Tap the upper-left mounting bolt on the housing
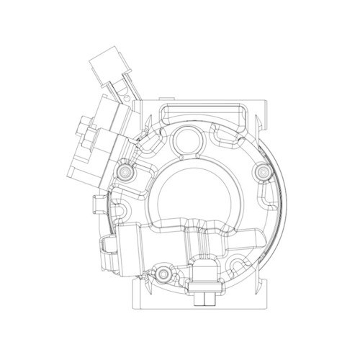pyautogui.click(x=127, y=173)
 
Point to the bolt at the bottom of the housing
pyautogui.click(x=163, y=274)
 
